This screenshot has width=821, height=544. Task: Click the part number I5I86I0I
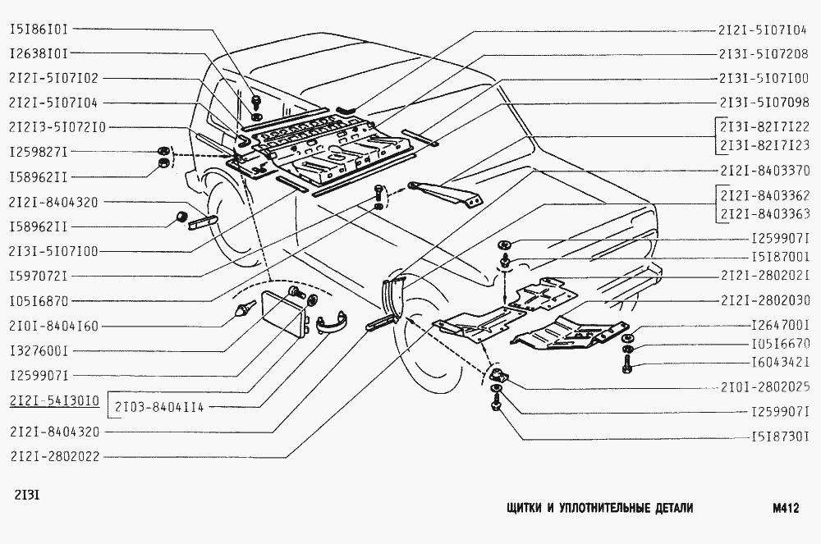pos(39,30)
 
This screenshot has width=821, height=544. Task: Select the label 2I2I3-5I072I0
pos(57,127)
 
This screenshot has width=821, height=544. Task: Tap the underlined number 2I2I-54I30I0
pos(54,401)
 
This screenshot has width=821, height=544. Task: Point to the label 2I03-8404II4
pos(159,407)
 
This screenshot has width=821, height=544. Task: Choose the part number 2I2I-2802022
pos(55,456)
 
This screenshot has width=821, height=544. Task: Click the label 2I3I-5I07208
pos(764,54)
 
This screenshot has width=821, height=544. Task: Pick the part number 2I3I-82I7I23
pos(765,146)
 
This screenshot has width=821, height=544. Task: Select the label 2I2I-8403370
pos(765,171)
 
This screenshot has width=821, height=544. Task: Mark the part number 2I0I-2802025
pos(765,387)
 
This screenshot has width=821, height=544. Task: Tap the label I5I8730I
pos(780,437)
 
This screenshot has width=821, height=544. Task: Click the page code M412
pos(785,509)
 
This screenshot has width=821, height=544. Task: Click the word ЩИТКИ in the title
pos(523,509)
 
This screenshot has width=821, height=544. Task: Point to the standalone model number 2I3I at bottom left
pos(25,494)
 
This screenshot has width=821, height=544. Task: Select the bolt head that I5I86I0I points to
pos(256,100)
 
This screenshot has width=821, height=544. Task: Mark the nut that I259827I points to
pos(163,151)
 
